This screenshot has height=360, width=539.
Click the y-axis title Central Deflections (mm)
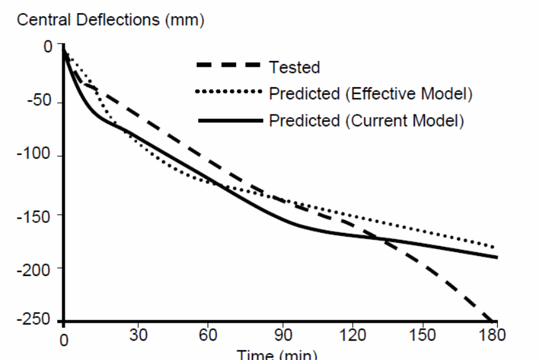click(x=110, y=20)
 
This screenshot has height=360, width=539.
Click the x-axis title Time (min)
click(x=277, y=354)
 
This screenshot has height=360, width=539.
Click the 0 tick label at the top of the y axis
click(x=47, y=47)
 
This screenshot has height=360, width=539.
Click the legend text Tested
click(x=295, y=67)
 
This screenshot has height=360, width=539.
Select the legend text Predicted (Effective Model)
click(x=371, y=94)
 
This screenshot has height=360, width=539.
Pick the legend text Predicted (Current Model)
click(x=366, y=120)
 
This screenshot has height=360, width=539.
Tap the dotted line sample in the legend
click(x=228, y=93)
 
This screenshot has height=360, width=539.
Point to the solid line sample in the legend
click(x=228, y=120)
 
